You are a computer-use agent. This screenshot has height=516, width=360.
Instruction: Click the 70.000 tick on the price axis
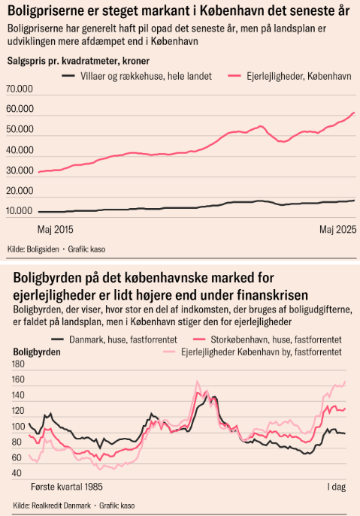(x=20, y=89)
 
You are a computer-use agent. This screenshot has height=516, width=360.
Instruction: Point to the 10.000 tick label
(x=20, y=211)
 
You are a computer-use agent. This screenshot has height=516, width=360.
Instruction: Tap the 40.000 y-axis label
(x=20, y=150)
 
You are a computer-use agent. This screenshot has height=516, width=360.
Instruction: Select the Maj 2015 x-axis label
(x=56, y=229)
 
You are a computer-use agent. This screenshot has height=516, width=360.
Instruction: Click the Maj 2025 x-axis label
(x=338, y=229)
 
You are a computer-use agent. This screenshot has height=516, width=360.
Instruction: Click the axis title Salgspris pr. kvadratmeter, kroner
(x=78, y=61)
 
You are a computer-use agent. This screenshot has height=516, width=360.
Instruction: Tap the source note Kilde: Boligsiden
(x=33, y=249)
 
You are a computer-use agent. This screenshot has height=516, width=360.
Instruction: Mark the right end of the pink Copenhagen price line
(x=355, y=113)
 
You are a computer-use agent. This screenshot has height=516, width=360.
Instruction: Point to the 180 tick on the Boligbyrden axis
(x=19, y=364)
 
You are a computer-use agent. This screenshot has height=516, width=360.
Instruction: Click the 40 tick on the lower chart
(x=17, y=473)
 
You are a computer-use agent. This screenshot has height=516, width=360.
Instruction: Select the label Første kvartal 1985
(x=67, y=487)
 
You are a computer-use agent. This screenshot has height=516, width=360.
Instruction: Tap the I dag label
(x=337, y=487)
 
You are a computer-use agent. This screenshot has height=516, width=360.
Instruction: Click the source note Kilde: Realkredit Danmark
(x=52, y=505)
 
